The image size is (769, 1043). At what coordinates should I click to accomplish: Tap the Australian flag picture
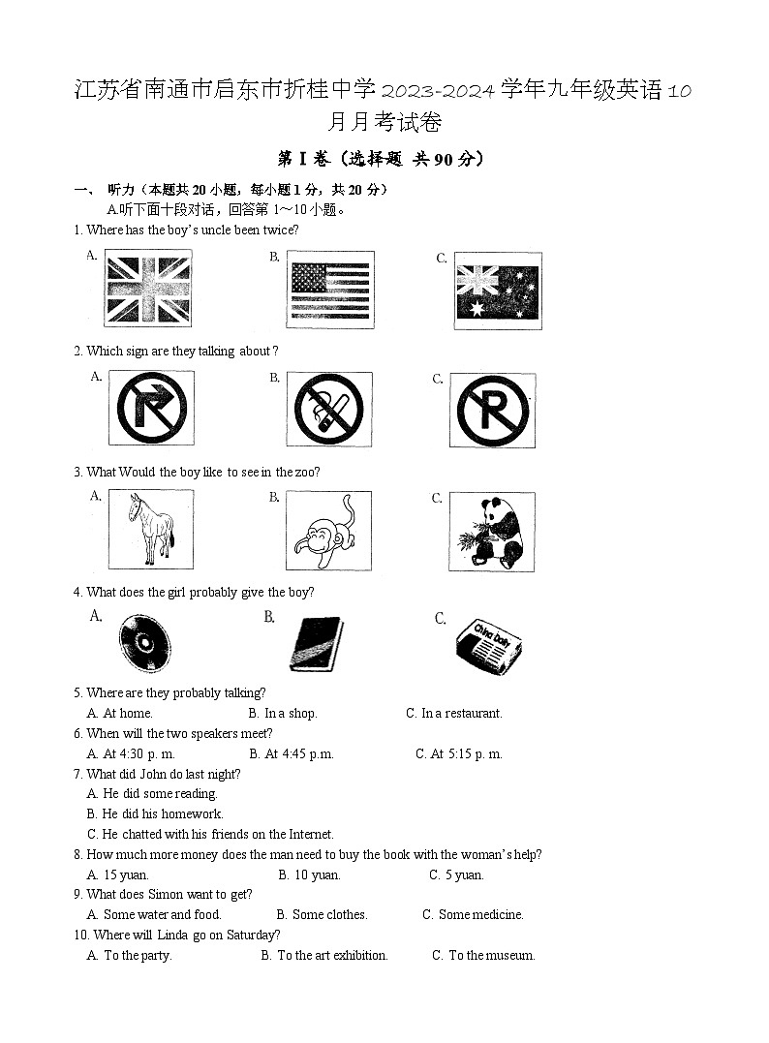pyautogui.click(x=498, y=291)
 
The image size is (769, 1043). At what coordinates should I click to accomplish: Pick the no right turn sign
pyautogui.click(x=150, y=409)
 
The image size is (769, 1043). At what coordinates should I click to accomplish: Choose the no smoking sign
pyautogui.click(x=328, y=409)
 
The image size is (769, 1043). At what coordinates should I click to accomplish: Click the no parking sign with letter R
pyautogui.click(x=493, y=409)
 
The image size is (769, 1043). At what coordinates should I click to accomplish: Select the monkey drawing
pyautogui.click(x=328, y=530)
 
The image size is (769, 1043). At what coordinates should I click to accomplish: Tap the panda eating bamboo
pyautogui.click(x=493, y=530)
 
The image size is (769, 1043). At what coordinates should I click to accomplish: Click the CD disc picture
pyautogui.click(x=145, y=643)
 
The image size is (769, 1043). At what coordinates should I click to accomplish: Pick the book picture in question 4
pyautogui.click(x=317, y=643)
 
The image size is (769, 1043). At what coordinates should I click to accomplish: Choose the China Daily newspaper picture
pyautogui.click(x=487, y=643)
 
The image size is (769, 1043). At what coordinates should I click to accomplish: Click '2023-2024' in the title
pyautogui.click(x=440, y=92)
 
